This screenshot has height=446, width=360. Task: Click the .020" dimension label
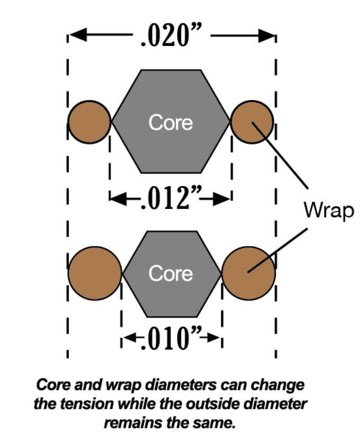pos(170,37)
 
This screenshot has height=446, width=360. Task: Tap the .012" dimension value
pos(170,198)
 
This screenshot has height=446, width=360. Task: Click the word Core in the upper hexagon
pos(170,122)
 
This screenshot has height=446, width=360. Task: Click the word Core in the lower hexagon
pos(170,274)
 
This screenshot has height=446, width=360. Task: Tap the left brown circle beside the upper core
pos(89,122)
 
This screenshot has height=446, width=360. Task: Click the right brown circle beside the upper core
pos(253,122)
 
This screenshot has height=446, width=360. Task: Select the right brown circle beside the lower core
pos(248,273)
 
